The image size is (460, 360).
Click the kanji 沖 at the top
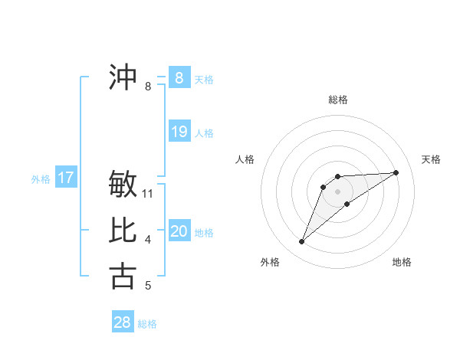coord(123,77)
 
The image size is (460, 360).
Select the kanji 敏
coord(123,185)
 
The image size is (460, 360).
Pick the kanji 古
coord(123,275)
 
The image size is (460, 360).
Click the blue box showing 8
coord(179,78)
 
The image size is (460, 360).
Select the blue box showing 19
coord(179,132)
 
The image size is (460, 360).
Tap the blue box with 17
coord(66,178)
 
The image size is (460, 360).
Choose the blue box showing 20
coord(179,231)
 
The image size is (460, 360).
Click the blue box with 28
coord(123,322)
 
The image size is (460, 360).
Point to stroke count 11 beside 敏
coord(149,194)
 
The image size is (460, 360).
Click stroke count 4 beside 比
coord(148,240)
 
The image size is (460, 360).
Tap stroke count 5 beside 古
coord(148,286)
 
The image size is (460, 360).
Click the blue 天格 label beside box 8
coord(204,80)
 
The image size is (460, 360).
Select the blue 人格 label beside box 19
coord(204,133)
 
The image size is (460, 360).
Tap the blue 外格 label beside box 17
coord(41,179)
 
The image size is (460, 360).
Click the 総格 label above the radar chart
coord(338,100)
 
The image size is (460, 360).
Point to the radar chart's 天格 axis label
coord(432,159)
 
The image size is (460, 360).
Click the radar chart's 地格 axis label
coord(402,263)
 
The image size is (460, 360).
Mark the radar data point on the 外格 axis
coord(302,242)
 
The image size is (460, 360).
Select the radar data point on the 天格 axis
coord(396,172)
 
